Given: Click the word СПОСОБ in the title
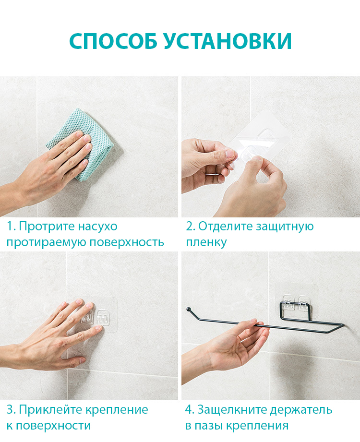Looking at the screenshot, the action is tap(113, 41).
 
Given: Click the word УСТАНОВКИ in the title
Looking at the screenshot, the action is tap(228, 41).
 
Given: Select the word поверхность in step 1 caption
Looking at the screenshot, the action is tap(127, 242).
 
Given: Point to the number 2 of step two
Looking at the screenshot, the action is tap(190, 226).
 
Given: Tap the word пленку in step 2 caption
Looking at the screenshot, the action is tap(206, 242).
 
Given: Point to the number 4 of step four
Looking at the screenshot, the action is tap(189, 409).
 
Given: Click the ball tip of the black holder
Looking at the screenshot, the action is tap(188, 309).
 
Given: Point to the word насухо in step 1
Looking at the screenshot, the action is tap(97, 227).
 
